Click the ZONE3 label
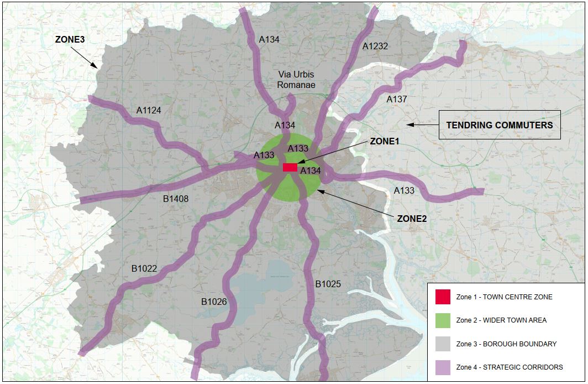point(69,40)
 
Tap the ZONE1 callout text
point(384,141)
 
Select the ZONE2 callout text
point(412,219)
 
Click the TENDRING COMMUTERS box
point(499,125)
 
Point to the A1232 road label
point(375,46)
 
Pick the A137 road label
point(396,99)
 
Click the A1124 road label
point(149,110)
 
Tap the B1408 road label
point(176,198)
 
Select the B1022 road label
point(144,269)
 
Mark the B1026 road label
point(214,302)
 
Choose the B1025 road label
point(328,284)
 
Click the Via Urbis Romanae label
point(297,80)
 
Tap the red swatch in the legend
point(443,297)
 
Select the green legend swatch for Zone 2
point(443,320)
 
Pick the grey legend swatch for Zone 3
point(443,344)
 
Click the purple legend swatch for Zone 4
point(443,367)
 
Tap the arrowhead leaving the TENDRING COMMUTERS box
point(411,124)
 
